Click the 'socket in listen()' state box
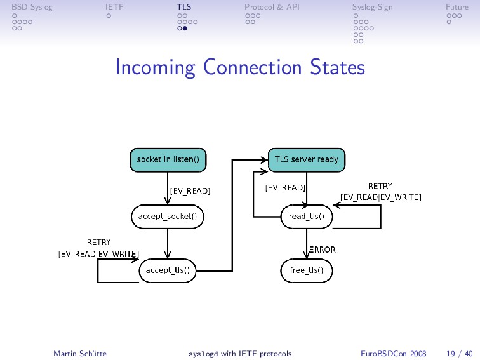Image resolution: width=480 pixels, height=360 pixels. [168, 160]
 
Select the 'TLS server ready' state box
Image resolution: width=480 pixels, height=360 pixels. [306, 160]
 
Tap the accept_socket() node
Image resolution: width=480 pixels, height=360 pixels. [168, 216]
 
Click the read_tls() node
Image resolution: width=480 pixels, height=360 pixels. [306, 216]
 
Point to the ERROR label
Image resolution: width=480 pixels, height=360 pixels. [322, 250]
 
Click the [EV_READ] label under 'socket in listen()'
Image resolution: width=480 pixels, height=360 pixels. [190, 190]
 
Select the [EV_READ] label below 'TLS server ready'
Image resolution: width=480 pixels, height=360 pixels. [285, 188]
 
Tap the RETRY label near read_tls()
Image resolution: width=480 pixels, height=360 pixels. [380, 186]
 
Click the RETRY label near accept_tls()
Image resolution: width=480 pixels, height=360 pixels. [98, 242]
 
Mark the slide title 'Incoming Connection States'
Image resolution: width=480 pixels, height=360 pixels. [240, 67]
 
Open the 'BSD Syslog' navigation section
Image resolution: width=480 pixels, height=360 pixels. [32, 7]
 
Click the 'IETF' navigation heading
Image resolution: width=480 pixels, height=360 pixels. [114, 7]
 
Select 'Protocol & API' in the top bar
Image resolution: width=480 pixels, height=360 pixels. [272, 7]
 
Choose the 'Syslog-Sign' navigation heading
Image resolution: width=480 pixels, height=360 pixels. [372, 7]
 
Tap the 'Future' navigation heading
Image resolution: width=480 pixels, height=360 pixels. [457, 7]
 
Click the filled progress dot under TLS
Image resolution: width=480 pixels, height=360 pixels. [185, 29]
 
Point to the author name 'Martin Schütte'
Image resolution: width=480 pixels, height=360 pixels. [80, 353]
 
